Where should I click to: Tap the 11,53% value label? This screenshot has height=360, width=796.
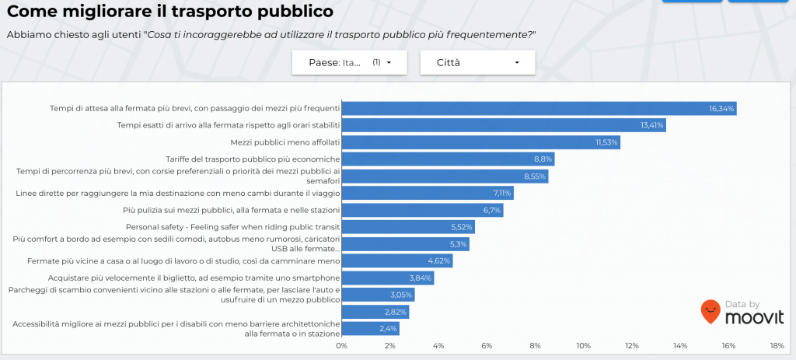tap(606, 142)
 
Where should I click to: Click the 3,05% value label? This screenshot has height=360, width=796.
tap(401, 295)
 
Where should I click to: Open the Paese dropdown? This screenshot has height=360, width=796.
tap(349, 62)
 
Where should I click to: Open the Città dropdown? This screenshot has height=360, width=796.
tap(477, 62)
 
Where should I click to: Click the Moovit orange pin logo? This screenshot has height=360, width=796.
tap(709, 312)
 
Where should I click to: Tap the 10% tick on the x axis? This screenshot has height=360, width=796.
tap(583, 345)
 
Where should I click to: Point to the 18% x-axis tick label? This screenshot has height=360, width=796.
tap(776, 345)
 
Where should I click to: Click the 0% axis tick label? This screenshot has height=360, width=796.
tap(341, 345)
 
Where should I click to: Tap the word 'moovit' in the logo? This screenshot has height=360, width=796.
tap(753, 316)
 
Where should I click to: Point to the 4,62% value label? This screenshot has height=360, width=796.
tap(439, 261)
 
